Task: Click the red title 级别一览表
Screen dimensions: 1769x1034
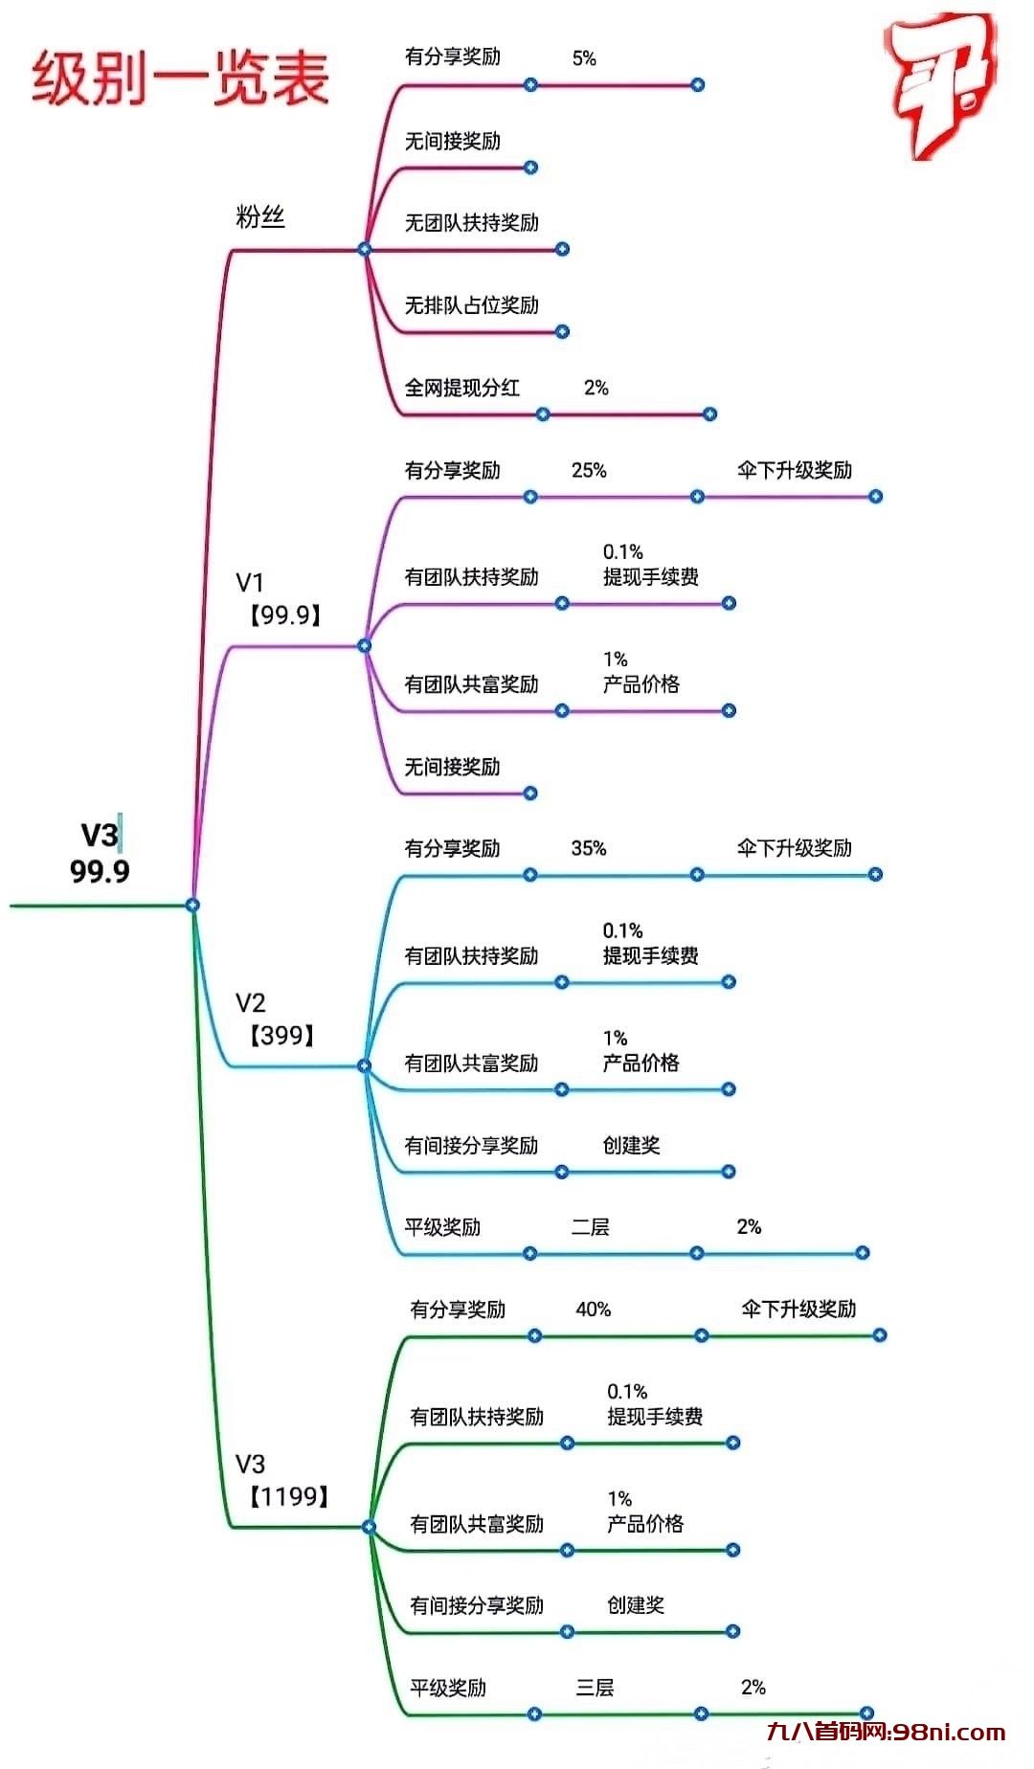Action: [181, 78]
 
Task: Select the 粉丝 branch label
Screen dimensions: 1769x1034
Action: [260, 217]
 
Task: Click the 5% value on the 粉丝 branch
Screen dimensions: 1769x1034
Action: [584, 58]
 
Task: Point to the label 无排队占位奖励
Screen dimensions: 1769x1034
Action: [471, 305]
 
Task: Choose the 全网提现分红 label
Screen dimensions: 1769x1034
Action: [461, 388]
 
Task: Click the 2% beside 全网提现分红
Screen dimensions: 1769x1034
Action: [596, 388]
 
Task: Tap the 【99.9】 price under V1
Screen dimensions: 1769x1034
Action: [284, 616]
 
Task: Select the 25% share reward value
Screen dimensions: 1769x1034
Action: [589, 470]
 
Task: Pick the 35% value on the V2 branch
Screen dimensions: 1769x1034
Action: [589, 848]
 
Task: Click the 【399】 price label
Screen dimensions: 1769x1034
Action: [281, 1036]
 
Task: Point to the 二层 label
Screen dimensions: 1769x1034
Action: [590, 1227]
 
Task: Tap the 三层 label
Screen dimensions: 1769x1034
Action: [595, 1688]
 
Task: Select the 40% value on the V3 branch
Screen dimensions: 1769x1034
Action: [593, 1310]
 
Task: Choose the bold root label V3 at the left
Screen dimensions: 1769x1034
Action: [99, 836]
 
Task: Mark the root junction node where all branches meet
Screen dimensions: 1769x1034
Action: [192, 905]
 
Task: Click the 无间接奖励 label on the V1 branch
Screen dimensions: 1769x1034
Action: [452, 767]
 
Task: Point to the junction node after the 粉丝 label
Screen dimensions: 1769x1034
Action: [364, 249]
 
